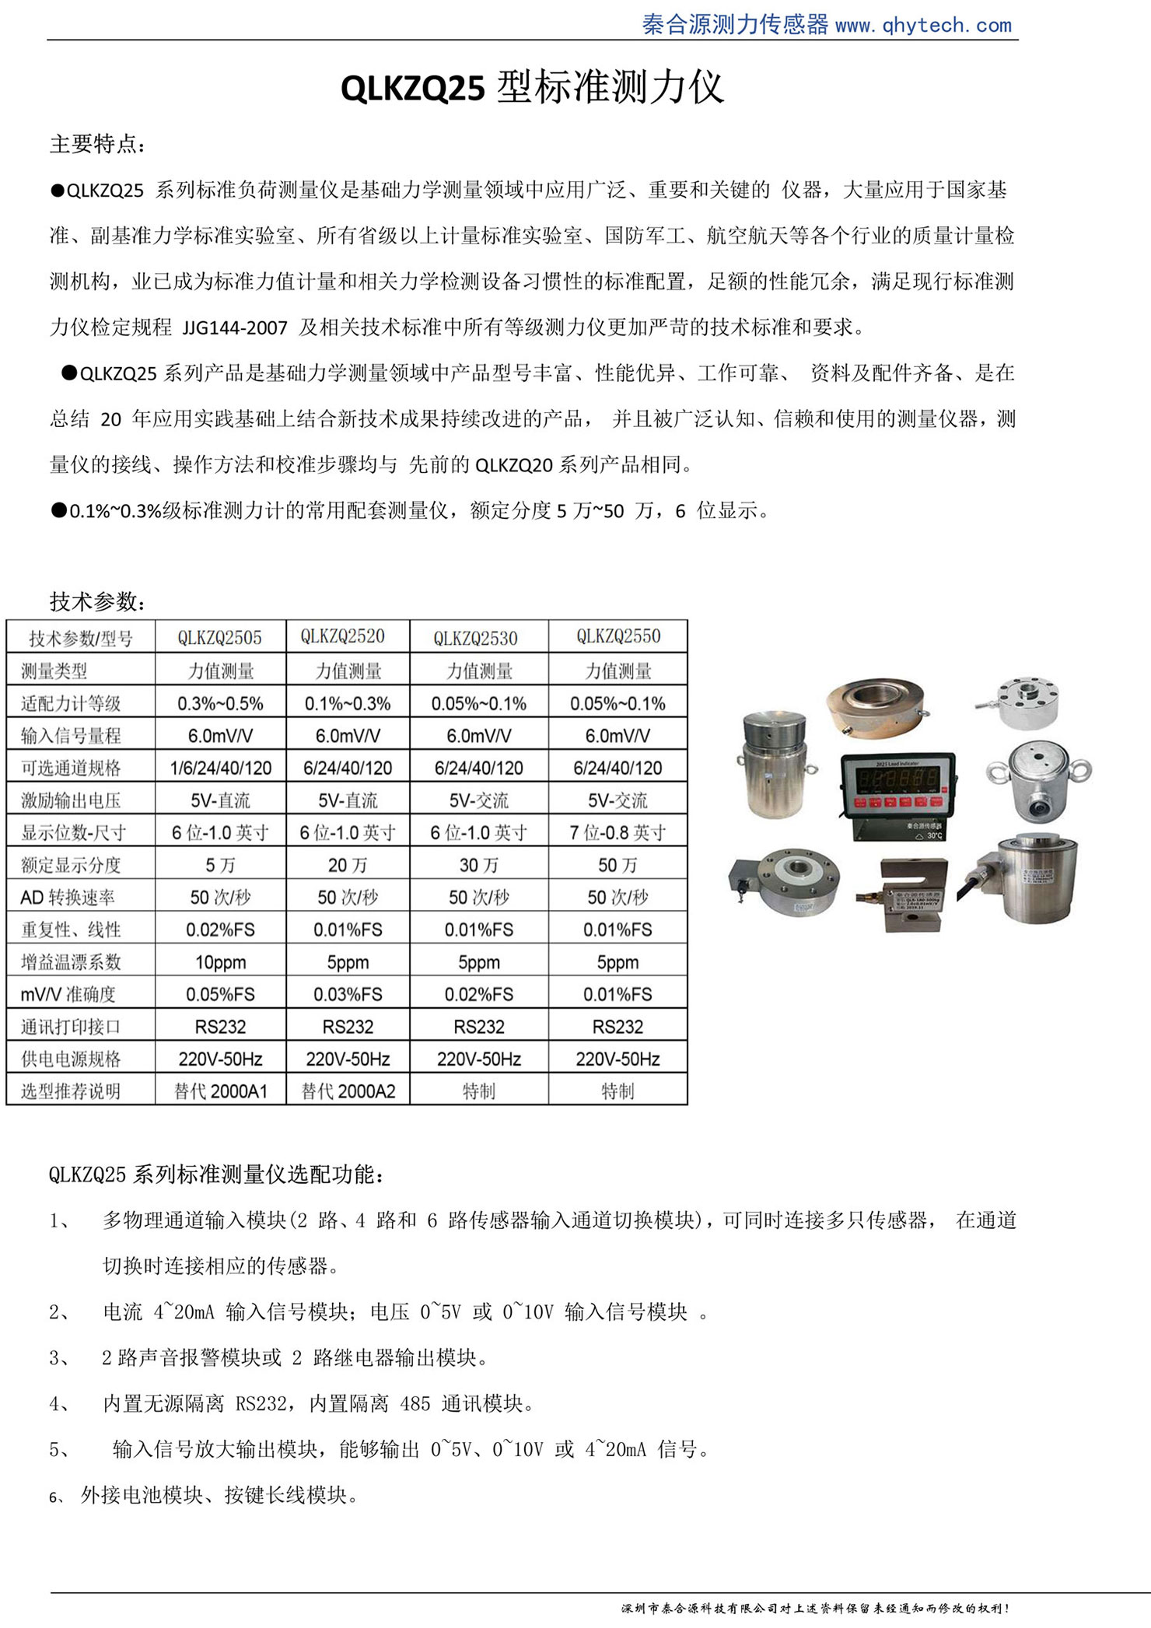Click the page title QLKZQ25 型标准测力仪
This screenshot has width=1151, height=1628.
[x=532, y=87]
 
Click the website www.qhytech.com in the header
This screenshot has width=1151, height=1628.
[x=923, y=26]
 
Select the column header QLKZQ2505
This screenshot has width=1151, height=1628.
[x=220, y=638]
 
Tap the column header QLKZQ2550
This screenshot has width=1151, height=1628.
[x=618, y=636]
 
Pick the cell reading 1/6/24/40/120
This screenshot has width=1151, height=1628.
[x=221, y=768]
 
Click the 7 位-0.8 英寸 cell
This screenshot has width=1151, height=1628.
[x=618, y=832]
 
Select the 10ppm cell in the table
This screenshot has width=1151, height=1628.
[x=221, y=962]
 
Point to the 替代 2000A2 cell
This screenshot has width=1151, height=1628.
[x=348, y=1091]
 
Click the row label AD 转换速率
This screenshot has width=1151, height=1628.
[x=68, y=898]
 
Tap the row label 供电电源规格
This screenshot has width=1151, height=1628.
[x=71, y=1059]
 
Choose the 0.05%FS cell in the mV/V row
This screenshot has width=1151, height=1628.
[x=221, y=994]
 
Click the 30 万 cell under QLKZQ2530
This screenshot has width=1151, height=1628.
[x=478, y=865]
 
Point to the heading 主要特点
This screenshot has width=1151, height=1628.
[x=97, y=144]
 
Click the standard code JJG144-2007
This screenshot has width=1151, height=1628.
[x=235, y=328]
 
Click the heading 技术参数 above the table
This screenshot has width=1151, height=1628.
[x=97, y=601]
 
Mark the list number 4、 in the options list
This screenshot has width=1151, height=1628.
[x=60, y=1404]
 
